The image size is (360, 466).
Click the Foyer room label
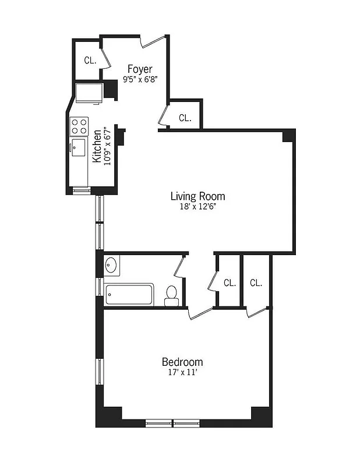(140, 70)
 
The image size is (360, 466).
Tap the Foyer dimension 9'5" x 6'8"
(140, 80)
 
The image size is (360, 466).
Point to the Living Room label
(197, 196)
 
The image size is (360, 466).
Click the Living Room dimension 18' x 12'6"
(197, 206)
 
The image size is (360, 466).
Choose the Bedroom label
(182, 361)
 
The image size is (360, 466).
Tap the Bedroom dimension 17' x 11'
(182, 371)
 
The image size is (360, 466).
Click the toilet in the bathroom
(172, 295)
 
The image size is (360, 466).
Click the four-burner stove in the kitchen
(79, 126)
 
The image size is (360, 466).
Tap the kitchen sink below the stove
(78, 145)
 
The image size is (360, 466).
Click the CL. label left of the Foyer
(90, 60)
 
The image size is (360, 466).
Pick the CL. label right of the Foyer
(185, 118)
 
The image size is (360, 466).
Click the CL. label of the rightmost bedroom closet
(256, 283)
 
